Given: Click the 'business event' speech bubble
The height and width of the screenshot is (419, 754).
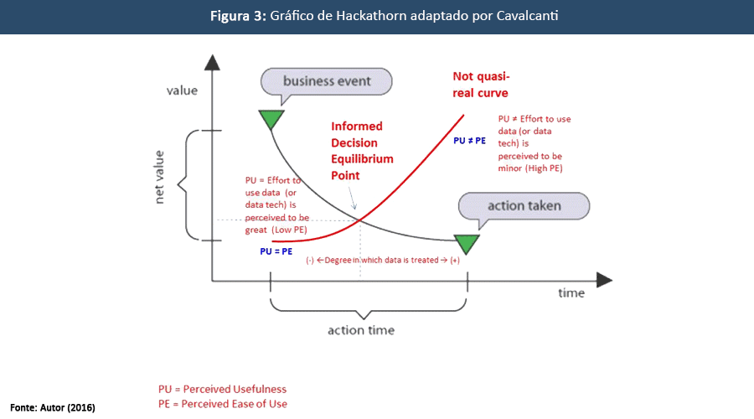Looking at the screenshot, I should (327, 81).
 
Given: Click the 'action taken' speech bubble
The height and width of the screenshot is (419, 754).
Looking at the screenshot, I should (524, 205).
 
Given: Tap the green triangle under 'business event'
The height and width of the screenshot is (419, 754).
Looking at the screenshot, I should (271, 120).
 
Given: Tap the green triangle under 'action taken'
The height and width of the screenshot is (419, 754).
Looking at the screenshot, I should (466, 244).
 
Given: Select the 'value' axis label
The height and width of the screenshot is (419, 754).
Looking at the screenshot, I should (183, 90).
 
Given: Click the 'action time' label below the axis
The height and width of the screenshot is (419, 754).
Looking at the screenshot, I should (360, 329).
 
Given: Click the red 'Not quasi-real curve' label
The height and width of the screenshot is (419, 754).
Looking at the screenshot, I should (480, 84).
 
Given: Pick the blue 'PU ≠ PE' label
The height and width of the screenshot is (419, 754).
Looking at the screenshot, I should (471, 141).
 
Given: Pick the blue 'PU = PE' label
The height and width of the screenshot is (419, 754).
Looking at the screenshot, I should (276, 251).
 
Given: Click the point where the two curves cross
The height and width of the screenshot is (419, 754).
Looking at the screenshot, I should (361, 220).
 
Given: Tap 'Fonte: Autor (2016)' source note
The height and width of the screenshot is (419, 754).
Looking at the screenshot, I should (53, 407).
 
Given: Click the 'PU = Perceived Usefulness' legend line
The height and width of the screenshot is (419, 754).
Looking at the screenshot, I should (222, 389).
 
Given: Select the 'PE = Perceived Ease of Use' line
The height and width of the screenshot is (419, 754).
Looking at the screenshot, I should (222, 404).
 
